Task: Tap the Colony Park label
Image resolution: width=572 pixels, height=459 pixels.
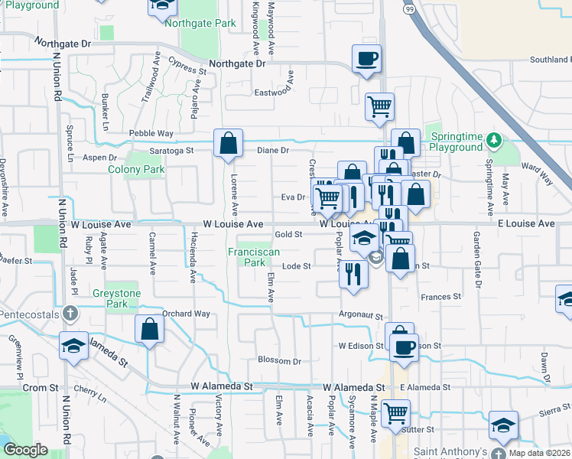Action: point(136,169)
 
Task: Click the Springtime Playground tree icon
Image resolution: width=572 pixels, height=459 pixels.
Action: point(495,139)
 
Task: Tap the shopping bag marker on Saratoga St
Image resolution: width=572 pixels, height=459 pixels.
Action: point(228,142)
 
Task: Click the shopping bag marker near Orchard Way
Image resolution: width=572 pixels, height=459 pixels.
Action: point(150,330)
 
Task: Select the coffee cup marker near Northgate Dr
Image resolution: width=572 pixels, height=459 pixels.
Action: point(366,58)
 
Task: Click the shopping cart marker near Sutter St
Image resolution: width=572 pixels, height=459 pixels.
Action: point(395,413)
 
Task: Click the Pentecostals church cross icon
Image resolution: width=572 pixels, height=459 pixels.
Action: point(70,313)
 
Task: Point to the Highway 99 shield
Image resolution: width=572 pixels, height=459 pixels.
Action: point(410,8)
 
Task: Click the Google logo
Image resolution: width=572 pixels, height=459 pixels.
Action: point(25,450)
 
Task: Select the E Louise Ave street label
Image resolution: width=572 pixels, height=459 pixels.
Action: point(525,223)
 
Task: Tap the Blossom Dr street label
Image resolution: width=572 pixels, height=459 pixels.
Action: point(279,360)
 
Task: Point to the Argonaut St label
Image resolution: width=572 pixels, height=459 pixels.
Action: point(361,315)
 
